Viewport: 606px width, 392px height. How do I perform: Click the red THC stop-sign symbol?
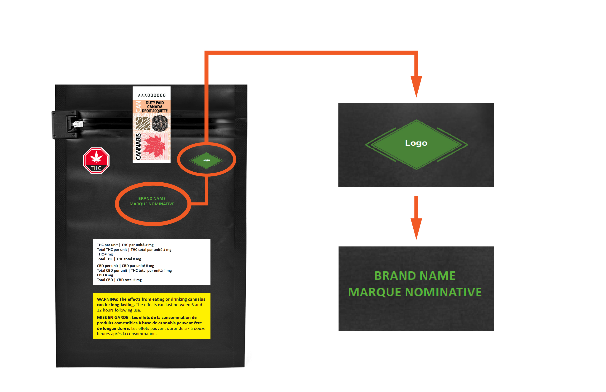click(96, 161)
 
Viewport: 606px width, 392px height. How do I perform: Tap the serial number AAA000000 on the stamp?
click(152, 95)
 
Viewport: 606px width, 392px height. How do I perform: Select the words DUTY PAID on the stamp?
click(155, 103)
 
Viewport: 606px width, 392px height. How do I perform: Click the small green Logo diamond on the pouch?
click(206, 160)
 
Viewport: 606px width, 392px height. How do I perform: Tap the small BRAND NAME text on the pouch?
click(152, 198)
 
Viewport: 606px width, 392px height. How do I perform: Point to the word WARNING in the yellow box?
click(107, 299)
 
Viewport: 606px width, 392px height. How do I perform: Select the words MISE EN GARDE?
click(112, 317)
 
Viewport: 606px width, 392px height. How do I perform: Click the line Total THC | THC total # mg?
click(119, 259)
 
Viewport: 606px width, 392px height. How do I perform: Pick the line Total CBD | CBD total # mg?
click(119, 280)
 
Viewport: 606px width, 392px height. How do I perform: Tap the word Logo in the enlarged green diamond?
click(416, 143)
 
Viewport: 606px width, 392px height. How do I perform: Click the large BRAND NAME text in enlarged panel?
click(415, 276)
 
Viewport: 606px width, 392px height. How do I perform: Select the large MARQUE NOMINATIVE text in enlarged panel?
click(415, 292)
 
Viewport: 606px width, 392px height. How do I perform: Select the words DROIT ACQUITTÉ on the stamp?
click(155, 111)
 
